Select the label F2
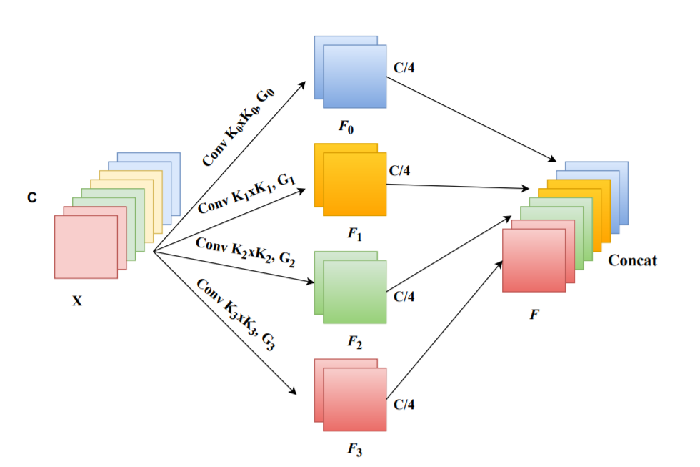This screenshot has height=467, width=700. pyautogui.click(x=354, y=342)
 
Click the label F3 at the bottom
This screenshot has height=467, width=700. pyautogui.click(x=354, y=451)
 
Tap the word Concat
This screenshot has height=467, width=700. pyautogui.click(x=632, y=261)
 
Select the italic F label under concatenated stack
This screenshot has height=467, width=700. pyautogui.click(x=534, y=313)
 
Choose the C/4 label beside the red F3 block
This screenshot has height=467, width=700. pyautogui.click(x=404, y=405)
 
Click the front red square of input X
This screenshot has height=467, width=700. pyautogui.click(x=86, y=247)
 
